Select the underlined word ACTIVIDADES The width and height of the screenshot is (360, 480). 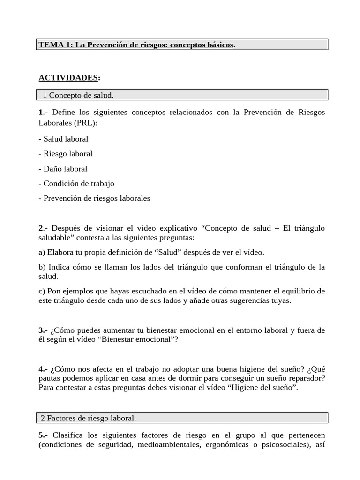point(68,77)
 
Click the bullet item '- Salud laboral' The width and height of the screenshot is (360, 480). point(63,139)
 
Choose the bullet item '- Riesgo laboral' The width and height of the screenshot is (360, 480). point(65,154)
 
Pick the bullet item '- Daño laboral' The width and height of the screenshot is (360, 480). point(63,168)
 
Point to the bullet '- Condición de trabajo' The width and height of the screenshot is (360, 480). point(76,183)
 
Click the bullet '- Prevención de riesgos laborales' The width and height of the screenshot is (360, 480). point(94,198)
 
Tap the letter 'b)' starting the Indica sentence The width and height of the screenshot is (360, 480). point(42,267)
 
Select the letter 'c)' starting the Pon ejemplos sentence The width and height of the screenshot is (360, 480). point(42,291)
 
